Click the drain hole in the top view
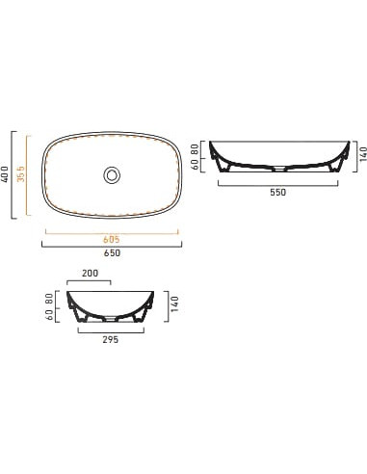(112, 175)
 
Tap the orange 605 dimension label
(112, 239)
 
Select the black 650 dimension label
(112, 253)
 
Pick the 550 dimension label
(277, 192)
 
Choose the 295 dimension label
(111, 339)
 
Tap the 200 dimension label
(91, 274)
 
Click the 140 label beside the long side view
(363, 154)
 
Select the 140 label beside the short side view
(174, 304)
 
